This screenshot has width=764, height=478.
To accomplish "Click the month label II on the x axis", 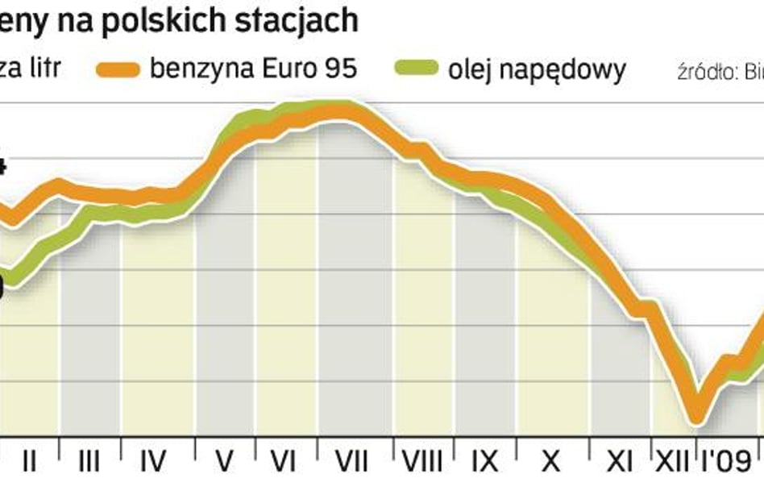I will [29, 461].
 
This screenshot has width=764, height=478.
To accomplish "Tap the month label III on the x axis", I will [89, 461].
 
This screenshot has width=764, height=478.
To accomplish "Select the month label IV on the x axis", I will [152, 461].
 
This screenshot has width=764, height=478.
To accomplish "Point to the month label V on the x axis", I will [225, 461].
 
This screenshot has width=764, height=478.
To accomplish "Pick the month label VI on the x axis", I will [283, 461].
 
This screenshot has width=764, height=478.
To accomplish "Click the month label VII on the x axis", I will [351, 461].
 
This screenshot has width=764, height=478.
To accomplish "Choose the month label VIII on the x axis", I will [421, 461].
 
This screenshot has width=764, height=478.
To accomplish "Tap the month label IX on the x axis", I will [484, 461].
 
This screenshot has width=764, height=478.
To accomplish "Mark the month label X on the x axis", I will [550, 461].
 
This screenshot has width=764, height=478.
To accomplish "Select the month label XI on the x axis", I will [618, 461].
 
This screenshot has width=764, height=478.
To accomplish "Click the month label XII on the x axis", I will [671, 461].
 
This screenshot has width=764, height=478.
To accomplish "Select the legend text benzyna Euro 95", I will [252, 69].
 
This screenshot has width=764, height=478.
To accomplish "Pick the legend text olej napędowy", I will [537, 70].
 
